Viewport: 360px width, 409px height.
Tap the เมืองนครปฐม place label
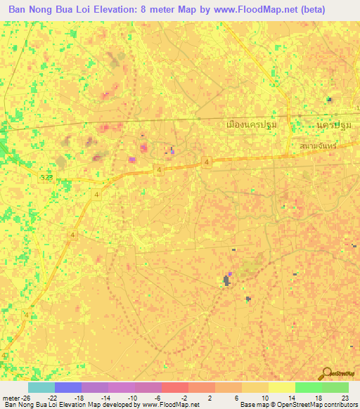click(249, 125)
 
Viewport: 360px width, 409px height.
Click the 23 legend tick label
click(345, 398)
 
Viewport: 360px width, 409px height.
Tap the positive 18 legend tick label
click(319, 398)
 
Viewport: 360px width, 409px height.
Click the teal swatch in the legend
click(41, 387)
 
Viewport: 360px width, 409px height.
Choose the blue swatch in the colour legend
click(67, 387)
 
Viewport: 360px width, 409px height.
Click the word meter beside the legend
click(12, 398)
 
